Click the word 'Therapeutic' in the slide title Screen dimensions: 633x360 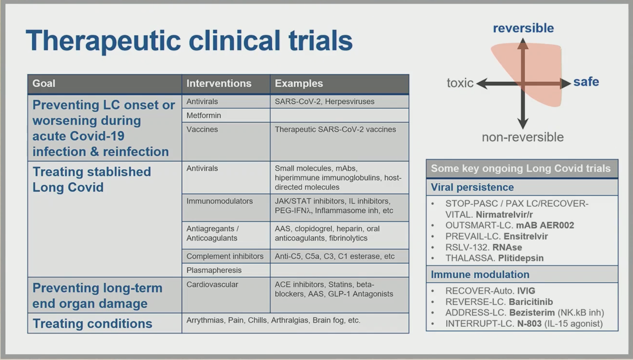tap(103, 41)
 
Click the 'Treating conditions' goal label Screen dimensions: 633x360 tap(92, 323)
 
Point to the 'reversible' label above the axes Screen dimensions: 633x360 tap(523, 28)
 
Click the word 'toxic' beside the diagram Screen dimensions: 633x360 tap(460, 83)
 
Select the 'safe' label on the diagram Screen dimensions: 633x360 tap(586, 82)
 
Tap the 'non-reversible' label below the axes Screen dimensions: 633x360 tap(523, 137)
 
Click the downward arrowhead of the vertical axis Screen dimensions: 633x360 tap(523, 123)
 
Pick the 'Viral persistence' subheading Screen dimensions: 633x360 tap(472, 187)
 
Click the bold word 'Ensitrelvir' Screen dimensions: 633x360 tap(526, 236)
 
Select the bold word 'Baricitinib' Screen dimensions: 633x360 tap(531, 302)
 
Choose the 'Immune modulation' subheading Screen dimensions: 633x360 tap(480, 275)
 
